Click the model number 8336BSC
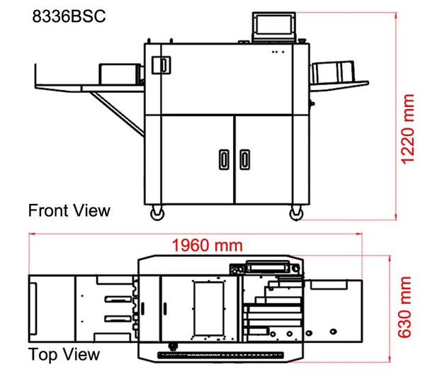[69, 16]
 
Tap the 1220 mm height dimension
[407, 129]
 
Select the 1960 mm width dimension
[208, 245]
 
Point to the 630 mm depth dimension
[404, 307]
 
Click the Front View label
[69, 210]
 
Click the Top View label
[64, 354]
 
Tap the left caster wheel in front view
[157, 213]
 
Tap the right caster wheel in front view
[296, 213]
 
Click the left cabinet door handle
[224, 159]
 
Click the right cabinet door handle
[245, 159]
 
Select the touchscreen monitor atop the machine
[274, 27]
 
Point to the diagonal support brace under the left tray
[117, 114]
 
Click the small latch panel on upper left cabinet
[161, 64]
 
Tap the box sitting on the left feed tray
[120, 74]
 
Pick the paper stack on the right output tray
[333, 73]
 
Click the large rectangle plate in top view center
[209, 309]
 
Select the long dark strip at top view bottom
[220, 355]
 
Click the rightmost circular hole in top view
[334, 332]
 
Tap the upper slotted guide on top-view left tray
[117, 299]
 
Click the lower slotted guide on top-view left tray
[118, 319]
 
